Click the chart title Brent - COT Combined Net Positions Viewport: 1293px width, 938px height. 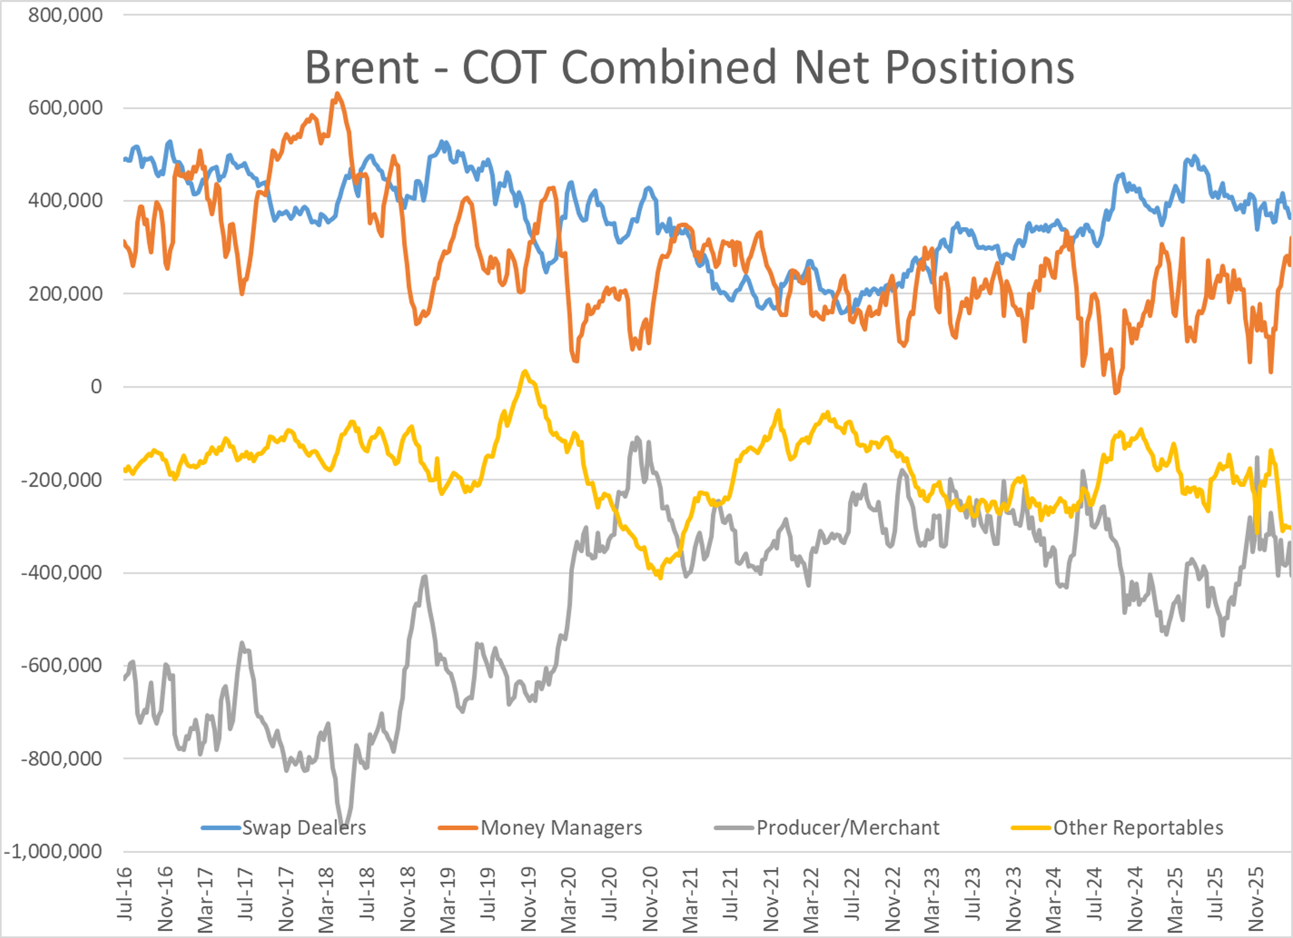coord(689,67)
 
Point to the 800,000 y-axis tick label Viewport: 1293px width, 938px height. coord(66,15)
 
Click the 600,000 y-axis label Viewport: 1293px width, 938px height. coord(66,108)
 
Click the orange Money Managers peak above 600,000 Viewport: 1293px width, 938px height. coord(337,94)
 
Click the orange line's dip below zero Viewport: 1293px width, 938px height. coord(1116,392)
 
